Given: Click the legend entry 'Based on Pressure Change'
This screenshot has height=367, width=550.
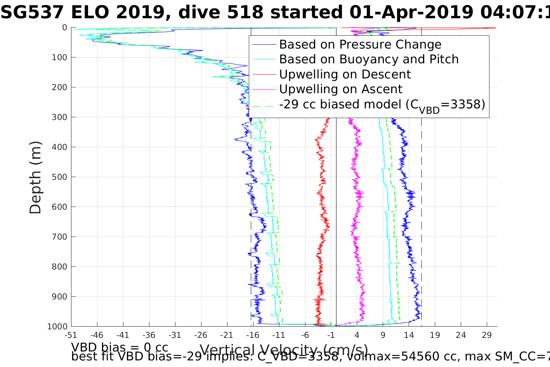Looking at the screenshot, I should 360,45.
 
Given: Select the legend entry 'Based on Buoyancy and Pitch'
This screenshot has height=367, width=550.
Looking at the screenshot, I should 369,59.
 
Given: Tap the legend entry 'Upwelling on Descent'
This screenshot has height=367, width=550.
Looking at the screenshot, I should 345,75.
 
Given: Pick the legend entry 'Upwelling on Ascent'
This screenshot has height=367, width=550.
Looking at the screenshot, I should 341,89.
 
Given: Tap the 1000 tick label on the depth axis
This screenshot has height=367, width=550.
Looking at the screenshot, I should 57,327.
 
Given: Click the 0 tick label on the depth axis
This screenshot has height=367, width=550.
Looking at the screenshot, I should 64,28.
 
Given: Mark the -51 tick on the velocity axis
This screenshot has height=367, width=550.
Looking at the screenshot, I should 71,335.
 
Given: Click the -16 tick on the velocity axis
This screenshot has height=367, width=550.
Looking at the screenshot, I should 253,335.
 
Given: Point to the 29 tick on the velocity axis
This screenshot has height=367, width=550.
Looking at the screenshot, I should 487,335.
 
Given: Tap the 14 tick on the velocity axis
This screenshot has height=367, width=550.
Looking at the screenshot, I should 409,335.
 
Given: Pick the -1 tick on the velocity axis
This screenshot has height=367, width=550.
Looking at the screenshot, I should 331,335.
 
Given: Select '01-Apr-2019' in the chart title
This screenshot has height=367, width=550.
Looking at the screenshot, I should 411,12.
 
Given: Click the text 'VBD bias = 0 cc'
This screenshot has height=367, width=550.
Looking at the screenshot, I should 120,347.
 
